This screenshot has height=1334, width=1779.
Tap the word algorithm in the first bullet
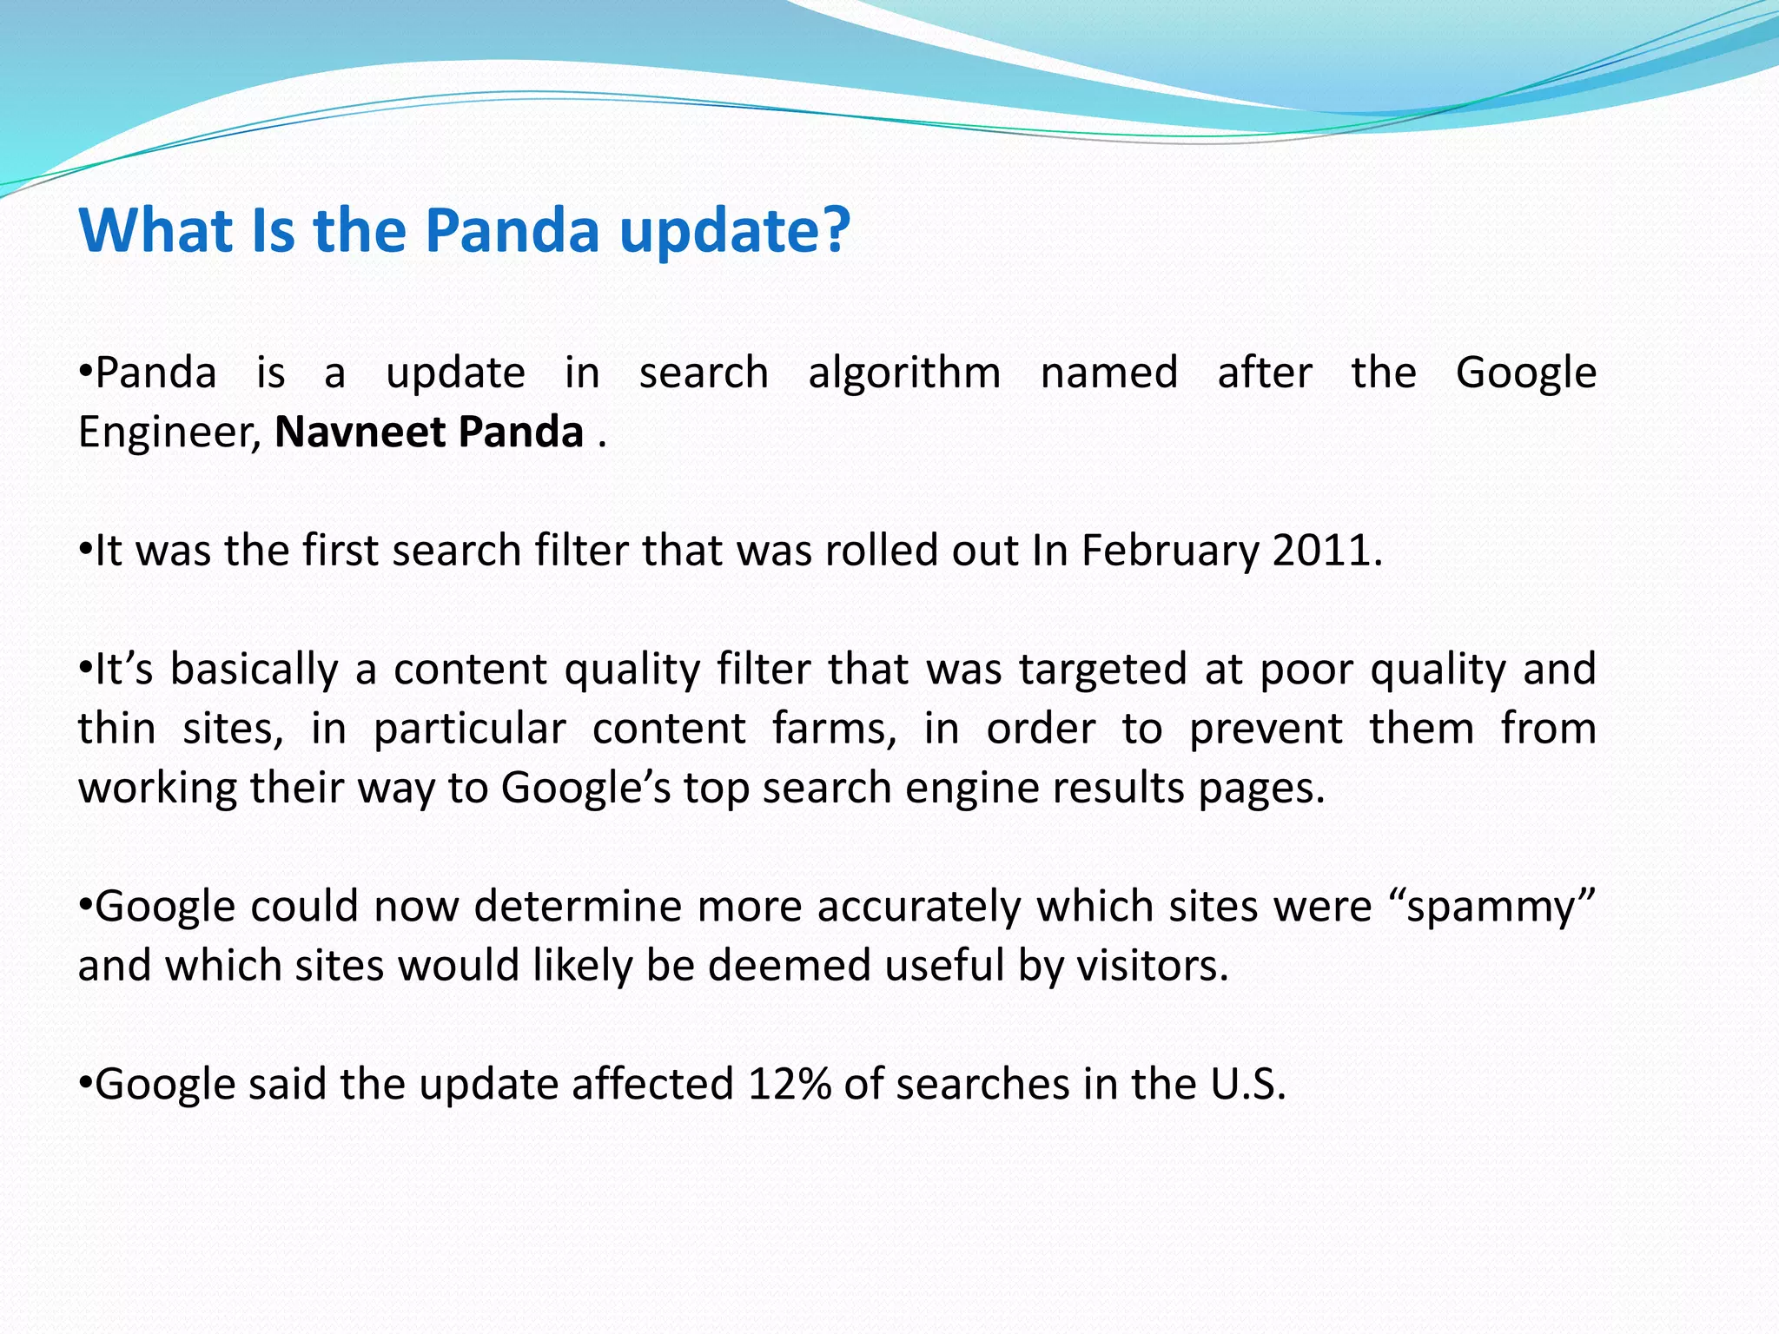[x=904, y=373]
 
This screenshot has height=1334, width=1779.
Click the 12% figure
[x=788, y=1084]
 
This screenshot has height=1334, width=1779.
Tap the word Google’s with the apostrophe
[x=585, y=789]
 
